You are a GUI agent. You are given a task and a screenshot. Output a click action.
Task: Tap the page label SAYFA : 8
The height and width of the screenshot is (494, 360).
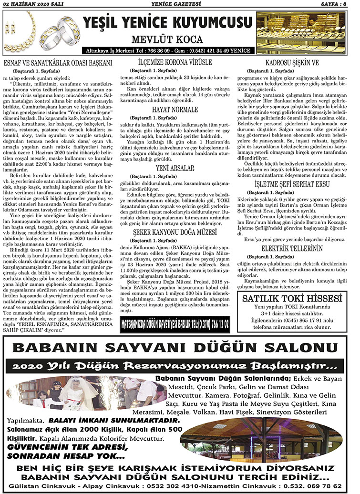tap(340, 5)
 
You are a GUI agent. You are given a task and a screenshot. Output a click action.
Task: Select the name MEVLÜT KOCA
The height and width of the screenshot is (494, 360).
tap(167, 39)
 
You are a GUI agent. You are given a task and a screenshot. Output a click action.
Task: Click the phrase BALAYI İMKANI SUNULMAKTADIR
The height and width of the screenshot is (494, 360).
tap(114, 421)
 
